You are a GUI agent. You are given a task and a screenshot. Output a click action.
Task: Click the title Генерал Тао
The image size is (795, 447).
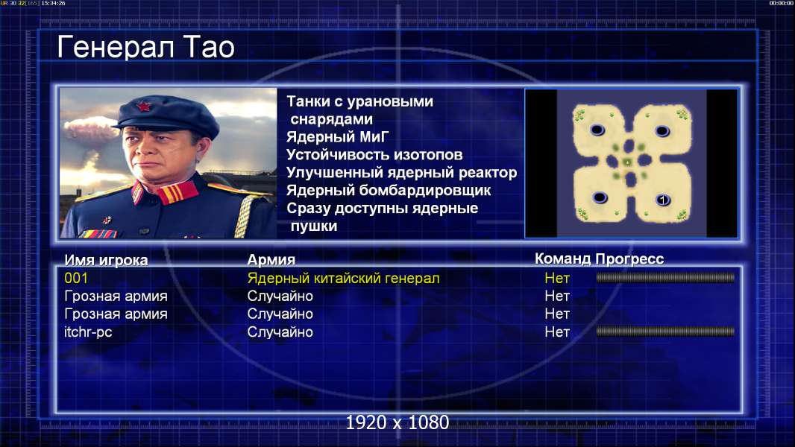click(x=145, y=47)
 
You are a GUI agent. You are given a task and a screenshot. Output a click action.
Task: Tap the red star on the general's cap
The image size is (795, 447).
click(x=144, y=107)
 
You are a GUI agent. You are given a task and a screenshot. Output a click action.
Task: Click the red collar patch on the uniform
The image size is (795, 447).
click(x=177, y=193)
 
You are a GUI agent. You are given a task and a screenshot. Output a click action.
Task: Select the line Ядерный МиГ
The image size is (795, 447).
click(x=338, y=137)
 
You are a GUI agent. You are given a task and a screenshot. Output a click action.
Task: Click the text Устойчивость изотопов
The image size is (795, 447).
click(x=374, y=155)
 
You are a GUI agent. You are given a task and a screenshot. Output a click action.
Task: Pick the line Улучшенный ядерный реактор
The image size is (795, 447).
click(x=401, y=173)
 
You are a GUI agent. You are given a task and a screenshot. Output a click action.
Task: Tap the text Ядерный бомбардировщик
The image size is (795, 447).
click(x=389, y=190)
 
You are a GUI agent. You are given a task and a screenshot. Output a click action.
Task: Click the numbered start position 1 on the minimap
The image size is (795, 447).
click(x=663, y=200)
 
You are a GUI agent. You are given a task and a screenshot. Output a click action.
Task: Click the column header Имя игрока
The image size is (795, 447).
click(x=106, y=260)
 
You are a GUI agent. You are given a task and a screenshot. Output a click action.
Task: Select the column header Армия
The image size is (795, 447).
click(x=271, y=260)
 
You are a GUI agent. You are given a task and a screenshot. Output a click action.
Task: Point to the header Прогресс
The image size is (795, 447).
click(x=629, y=259)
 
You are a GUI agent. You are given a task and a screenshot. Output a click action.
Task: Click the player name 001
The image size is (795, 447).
click(x=76, y=278)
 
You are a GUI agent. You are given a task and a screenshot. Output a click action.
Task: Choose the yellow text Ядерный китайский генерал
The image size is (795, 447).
click(x=343, y=279)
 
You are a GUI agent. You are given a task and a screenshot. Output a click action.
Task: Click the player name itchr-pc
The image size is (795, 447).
click(x=88, y=332)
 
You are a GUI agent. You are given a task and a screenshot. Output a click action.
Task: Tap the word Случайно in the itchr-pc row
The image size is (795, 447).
click(x=280, y=332)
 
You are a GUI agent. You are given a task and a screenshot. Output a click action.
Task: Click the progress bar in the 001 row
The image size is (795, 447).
click(x=665, y=277)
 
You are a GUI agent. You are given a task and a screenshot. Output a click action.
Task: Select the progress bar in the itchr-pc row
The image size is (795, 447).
click(x=665, y=332)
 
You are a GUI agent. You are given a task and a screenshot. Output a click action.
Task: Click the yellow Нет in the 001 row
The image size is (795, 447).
click(x=557, y=278)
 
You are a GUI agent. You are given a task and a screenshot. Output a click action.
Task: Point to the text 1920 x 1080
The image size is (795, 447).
click(x=397, y=422)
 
